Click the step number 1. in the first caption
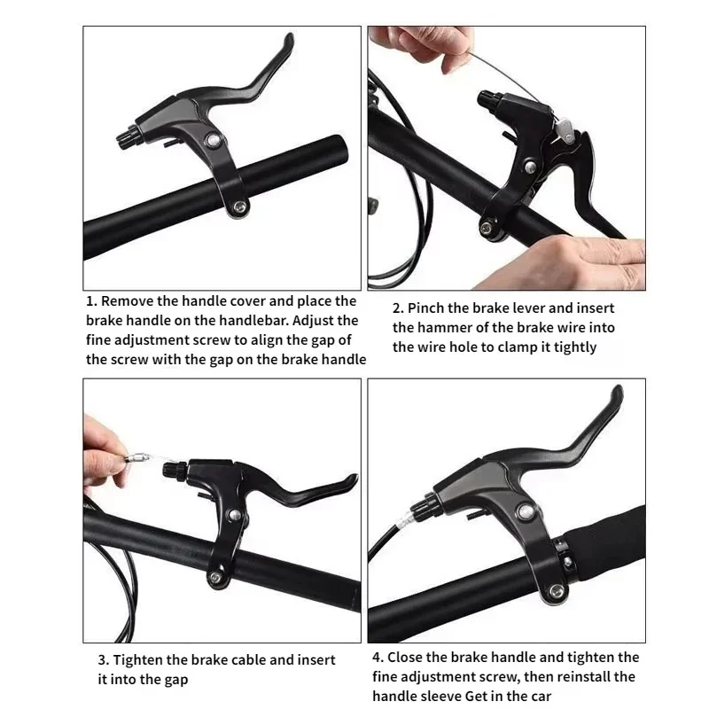(92, 302)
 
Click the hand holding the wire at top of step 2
(399, 40)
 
